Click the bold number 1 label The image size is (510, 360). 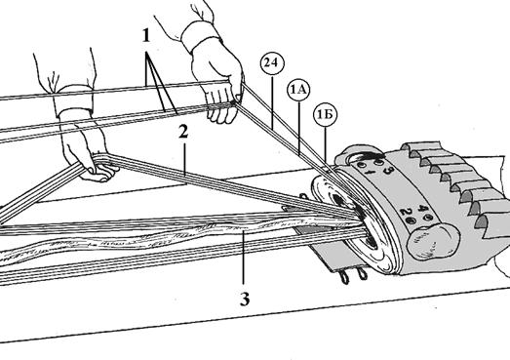click(146, 35)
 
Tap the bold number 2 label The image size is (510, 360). click(183, 132)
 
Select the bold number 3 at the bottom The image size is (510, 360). click(245, 299)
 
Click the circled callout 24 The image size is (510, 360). click(272, 62)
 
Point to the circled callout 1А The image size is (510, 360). click(298, 89)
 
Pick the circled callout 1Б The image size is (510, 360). click(325, 114)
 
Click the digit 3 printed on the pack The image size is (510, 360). click(387, 170)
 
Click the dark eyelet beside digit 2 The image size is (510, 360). click(412, 221)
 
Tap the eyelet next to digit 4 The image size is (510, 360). click(429, 218)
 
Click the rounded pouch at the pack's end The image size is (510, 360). click(433, 241)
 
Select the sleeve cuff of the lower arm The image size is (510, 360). click(73, 100)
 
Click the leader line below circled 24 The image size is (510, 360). click(273, 101)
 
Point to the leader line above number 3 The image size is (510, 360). click(243, 258)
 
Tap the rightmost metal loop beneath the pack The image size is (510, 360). click(362, 273)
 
